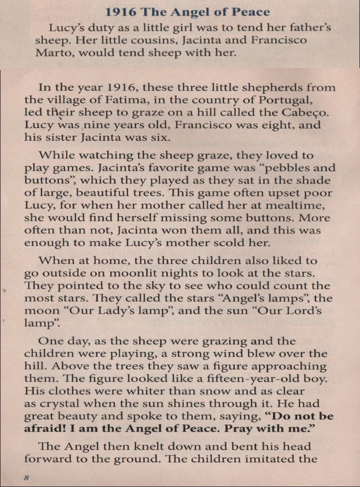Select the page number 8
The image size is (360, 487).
pos(26,478)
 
